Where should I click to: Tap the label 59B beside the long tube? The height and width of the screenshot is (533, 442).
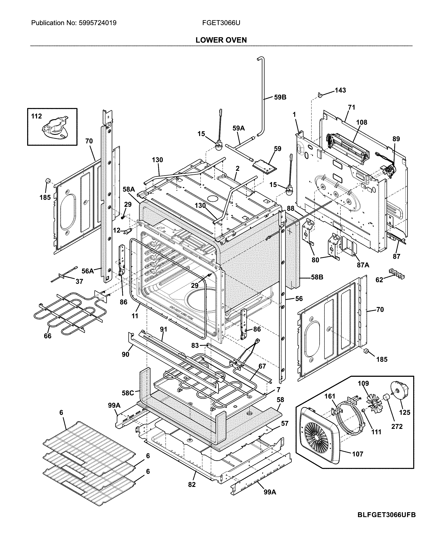(x=280, y=97)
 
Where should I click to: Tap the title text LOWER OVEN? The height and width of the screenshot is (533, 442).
(x=221, y=40)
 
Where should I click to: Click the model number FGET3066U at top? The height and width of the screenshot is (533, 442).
(x=221, y=23)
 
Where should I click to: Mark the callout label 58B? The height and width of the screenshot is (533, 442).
(x=317, y=277)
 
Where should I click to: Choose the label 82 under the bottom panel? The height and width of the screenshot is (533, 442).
(x=192, y=484)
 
